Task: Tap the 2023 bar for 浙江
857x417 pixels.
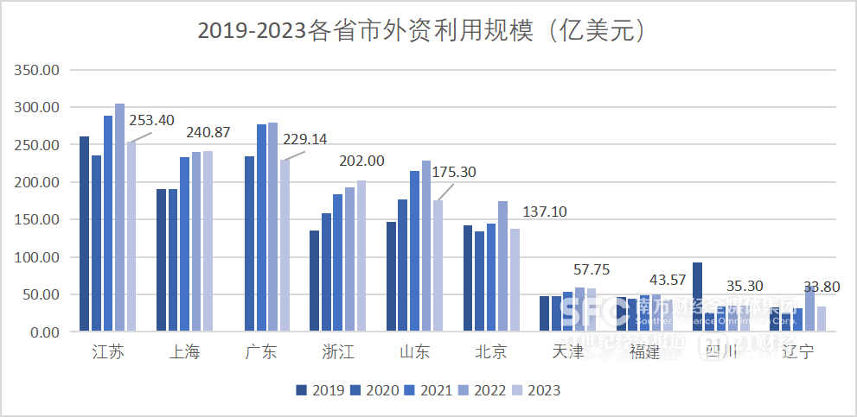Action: pos(361,256)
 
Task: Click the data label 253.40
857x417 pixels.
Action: pos(152,120)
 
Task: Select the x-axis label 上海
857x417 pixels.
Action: pos(184,352)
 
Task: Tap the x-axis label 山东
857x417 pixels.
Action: pos(414,352)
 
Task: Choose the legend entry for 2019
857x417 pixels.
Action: pos(319,390)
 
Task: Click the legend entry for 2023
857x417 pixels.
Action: pos(535,390)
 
